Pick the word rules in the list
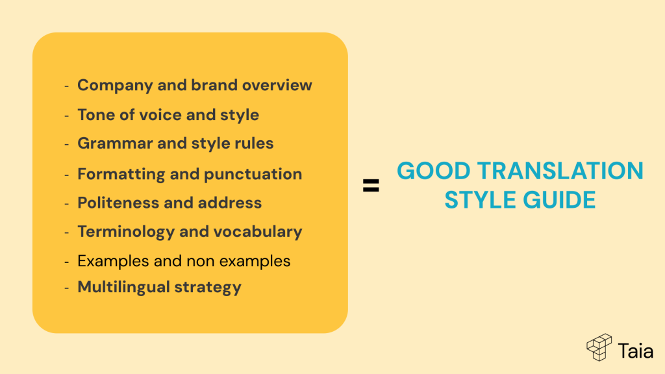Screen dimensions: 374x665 (x=254, y=143)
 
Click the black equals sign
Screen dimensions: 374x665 (x=371, y=186)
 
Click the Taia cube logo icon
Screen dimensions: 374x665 (x=599, y=348)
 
